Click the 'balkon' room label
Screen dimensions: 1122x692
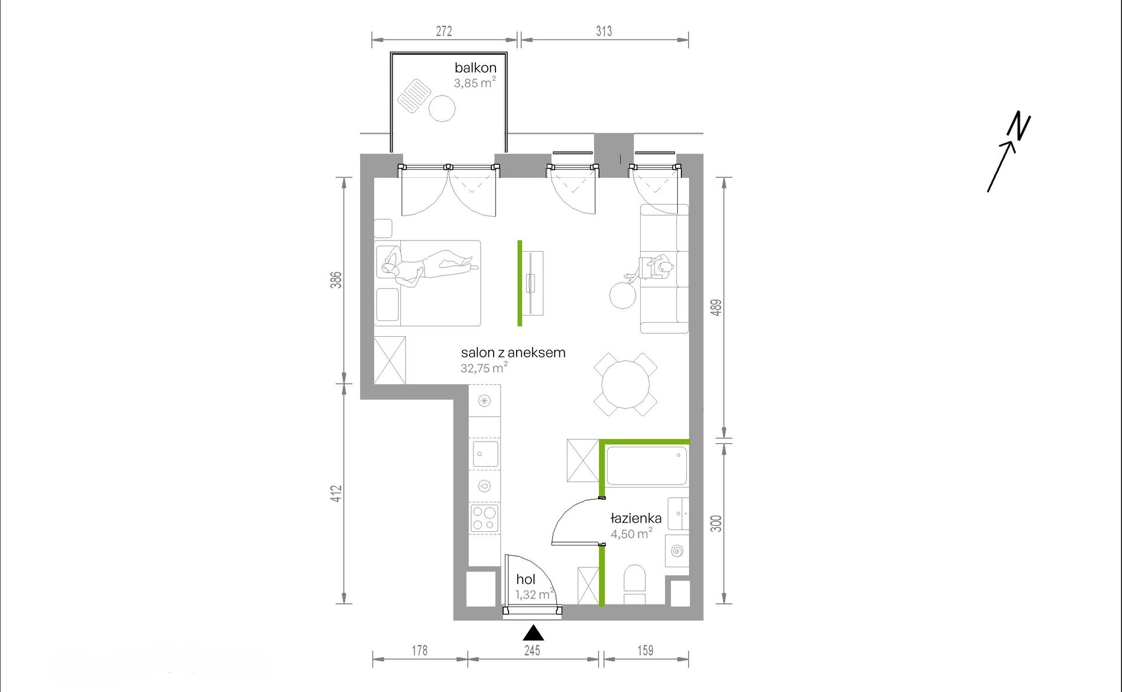click(475, 68)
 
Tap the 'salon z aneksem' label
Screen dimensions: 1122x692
click(513, 353)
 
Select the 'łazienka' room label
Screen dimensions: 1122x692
click(636, 518)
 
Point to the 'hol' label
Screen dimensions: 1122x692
click(526, 580)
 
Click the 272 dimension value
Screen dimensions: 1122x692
click(444, 31)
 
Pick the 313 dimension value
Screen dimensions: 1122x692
click(604, 31)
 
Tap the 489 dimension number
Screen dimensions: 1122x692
click(716, 308)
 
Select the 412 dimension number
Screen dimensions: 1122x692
click(336, 494)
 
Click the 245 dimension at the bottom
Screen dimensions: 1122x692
click(532, 651)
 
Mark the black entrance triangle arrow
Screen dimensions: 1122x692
click(533, 633)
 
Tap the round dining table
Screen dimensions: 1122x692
click(625, 385)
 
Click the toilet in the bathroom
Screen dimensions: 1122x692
click(635, 584)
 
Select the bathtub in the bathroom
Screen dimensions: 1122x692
click(647, 466)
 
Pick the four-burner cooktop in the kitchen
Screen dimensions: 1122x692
click(485, 519)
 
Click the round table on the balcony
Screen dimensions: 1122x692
click(442, 108)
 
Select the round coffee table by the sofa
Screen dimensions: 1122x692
click(623, 295)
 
